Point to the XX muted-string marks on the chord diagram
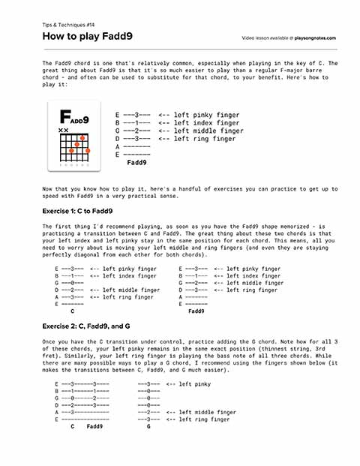pos(64,131)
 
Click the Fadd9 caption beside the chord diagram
pos(136,161)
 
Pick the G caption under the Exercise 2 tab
pos(148,425)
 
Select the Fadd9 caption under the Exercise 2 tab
pos(95,425)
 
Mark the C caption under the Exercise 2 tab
pos(72,425)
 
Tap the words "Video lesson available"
pos(267,38)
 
